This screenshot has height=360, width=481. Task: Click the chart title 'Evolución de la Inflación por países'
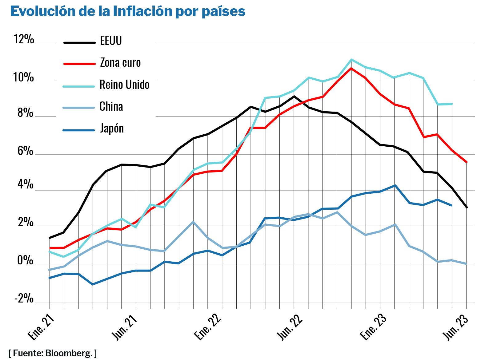128,11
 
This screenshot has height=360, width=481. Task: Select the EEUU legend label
111,41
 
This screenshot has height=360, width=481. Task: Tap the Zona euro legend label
120,63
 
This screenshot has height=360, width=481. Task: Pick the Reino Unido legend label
124,85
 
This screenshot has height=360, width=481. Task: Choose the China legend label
111,106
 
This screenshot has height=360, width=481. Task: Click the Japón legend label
112,128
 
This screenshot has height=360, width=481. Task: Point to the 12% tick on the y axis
24,39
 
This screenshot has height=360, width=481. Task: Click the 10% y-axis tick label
23,77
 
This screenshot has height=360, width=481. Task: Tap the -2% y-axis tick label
24,299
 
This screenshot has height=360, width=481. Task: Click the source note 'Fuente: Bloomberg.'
53,353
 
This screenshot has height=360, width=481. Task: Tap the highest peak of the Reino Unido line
351,59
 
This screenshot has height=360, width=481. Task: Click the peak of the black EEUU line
294,96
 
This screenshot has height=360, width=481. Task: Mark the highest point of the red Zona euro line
351,68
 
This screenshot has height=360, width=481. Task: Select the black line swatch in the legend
79,43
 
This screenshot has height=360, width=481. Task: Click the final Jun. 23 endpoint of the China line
466,263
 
